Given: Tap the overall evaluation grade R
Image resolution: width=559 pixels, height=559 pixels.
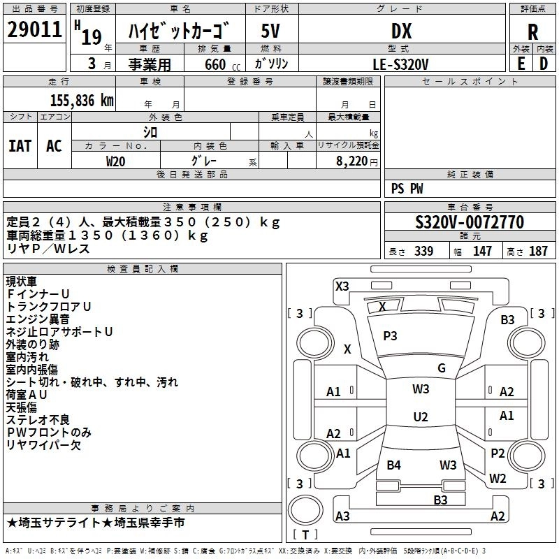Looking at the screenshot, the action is tap(533, 32).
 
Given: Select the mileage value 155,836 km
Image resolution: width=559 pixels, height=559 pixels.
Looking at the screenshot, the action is tap(82, 100).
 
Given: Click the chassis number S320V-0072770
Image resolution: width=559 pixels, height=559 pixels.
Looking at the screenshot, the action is tap(469, 223).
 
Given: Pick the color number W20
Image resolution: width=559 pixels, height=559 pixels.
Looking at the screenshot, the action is tap(116, 161).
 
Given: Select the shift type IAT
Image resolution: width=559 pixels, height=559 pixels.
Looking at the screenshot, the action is tap(20, 145).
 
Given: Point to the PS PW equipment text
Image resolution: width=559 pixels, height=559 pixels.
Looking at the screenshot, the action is tap(407, 189).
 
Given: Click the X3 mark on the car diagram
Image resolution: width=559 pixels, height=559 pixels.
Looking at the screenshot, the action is tap(342, 286).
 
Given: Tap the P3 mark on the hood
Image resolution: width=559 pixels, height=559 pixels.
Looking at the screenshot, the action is tap(390, 335).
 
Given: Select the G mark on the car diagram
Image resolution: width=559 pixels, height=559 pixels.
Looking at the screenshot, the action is tap(441, 368).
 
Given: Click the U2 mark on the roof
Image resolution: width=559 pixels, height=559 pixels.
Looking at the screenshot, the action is tap(420, 417).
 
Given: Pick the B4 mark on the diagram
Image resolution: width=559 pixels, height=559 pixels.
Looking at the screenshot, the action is tap(394, 465).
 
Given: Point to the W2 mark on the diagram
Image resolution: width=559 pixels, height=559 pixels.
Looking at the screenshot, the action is tap(498, 479).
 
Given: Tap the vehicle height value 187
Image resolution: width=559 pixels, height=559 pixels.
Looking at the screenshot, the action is tap(538, 252).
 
